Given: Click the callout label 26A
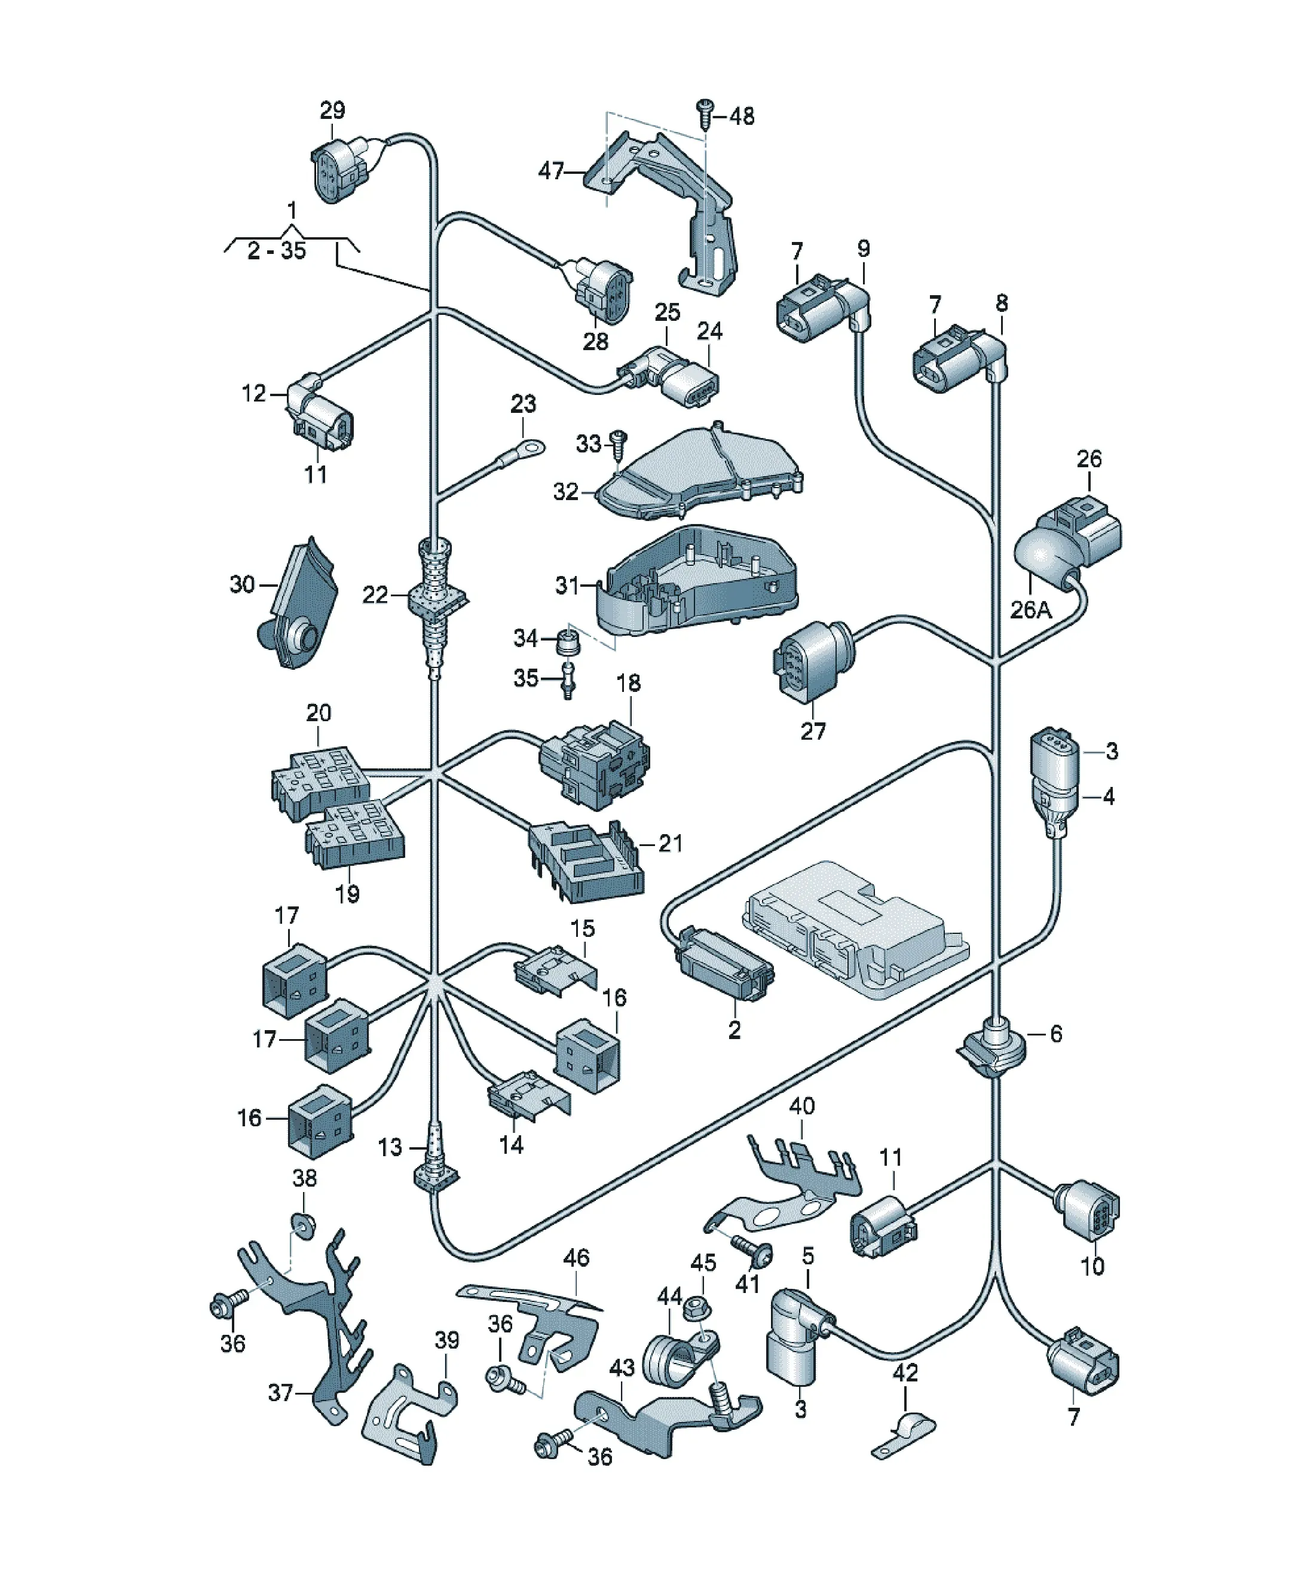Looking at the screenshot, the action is point(1031,609).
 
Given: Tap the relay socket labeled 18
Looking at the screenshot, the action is point(594,764).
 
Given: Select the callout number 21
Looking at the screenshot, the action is point(670,842).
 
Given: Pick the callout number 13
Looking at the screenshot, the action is point(390,1147).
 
